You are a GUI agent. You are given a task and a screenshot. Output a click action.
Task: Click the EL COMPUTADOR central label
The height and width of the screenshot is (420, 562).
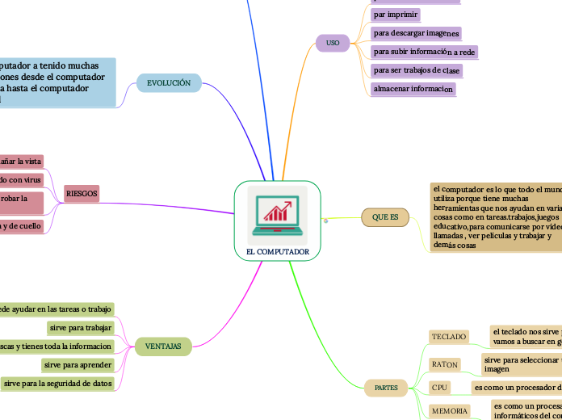tap(277, 252)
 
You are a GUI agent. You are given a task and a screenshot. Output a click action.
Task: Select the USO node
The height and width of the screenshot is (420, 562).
tap(333, 42)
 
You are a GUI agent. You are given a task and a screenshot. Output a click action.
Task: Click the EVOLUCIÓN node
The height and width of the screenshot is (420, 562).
tap(169, 82)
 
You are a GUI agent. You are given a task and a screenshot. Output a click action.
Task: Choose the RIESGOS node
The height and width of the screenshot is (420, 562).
tap(82, 194)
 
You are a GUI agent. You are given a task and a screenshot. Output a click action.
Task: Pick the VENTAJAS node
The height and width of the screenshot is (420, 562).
tap(163, 346)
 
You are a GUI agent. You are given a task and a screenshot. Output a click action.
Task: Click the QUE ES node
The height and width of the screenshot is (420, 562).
tap(385, 217)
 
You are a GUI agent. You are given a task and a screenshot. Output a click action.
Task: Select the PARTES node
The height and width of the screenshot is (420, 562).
tap(386, 388)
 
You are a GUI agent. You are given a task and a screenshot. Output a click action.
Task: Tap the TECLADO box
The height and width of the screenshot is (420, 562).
tap(449, 336)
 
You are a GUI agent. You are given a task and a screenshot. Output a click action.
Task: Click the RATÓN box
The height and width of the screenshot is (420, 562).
tap(444, 364)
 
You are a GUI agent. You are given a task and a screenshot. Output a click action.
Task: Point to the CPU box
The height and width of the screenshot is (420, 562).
tap(439, 388)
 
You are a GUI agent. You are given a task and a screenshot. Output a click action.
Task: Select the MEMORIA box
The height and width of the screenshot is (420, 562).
tap(449, 411)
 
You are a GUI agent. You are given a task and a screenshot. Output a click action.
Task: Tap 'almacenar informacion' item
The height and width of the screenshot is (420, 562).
tap(413, 90)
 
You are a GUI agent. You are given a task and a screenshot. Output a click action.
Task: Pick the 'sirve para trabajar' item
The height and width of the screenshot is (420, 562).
tap(81, 328)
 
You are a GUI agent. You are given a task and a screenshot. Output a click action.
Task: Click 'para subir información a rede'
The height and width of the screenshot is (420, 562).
tap(424, 52)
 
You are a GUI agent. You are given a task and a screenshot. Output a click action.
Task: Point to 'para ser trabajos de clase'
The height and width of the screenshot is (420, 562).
tap(417, 70)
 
